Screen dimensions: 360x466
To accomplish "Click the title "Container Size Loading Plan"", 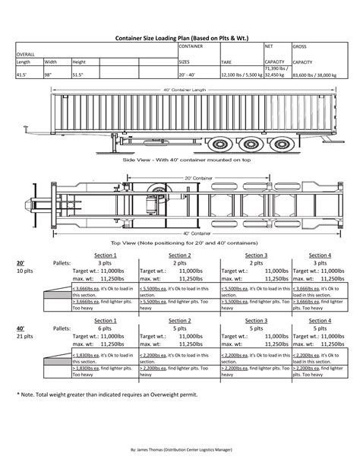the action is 180,36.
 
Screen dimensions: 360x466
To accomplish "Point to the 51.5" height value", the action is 78,76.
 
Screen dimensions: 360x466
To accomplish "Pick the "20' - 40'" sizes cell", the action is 187,76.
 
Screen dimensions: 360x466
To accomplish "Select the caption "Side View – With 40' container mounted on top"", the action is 183,162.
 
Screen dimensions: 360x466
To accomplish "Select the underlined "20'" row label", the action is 21,262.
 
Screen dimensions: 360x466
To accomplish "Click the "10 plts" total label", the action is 24,270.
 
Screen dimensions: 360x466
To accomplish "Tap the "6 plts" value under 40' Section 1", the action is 105,328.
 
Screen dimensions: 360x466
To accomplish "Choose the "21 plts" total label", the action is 24,337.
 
